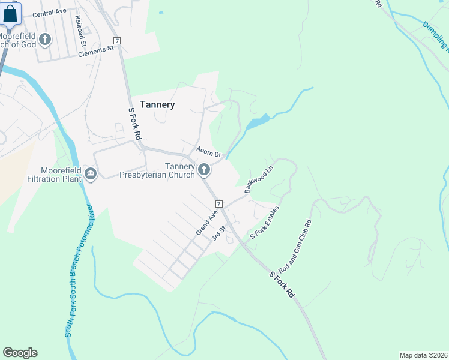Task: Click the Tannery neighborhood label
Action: (x=157, y=104)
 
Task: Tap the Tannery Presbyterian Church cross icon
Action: (x=204, y=170)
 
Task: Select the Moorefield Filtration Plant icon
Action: (x=91, y=175)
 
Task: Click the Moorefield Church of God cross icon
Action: (x=45, y=40)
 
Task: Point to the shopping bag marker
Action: (x=11, y=14)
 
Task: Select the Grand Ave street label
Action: (x=206, y=223)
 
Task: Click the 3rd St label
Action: (x=217, y=233)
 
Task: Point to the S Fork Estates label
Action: (x=265, y=223)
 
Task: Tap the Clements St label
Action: (x=96, y=50)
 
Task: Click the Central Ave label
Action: (x=49, y=13)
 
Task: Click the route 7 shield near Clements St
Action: (x=117, y=40)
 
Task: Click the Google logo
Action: (x=20, y=353)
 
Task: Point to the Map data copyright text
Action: (x=422, y=355)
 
